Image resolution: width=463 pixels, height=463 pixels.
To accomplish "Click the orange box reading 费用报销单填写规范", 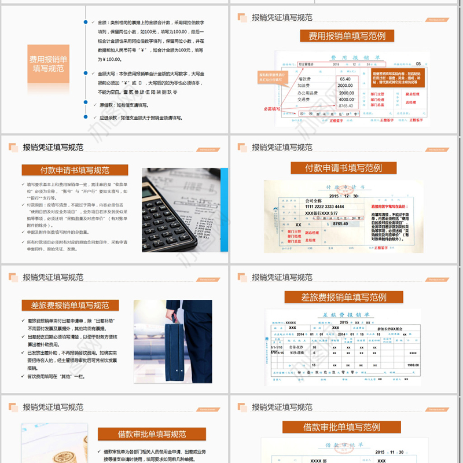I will click(x=49, y=64).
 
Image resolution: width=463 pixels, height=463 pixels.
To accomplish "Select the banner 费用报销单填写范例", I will click(x=347, y=36).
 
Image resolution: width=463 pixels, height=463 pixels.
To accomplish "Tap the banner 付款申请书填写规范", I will click(x=75, y=170).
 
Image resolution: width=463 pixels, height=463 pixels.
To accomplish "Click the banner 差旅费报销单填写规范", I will click(x=69, y=305).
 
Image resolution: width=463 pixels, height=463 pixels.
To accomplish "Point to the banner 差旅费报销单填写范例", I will click(x=343, y=297).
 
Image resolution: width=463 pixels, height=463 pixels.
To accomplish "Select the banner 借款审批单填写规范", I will click(x=152, y=434).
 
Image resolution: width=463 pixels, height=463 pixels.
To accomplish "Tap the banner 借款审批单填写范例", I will click(x=341, y=428).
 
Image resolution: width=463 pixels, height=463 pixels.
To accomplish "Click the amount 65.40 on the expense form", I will click(x=346, y=79).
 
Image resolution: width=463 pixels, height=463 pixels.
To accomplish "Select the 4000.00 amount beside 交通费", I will click(x=346, y=99).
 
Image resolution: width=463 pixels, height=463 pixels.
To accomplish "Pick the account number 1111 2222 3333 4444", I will click(x=324, y=207).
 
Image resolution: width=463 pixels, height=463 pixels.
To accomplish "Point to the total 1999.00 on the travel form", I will click(x=413, y=365).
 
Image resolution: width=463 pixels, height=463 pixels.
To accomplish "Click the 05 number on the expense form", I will click(x=418, y=64).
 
